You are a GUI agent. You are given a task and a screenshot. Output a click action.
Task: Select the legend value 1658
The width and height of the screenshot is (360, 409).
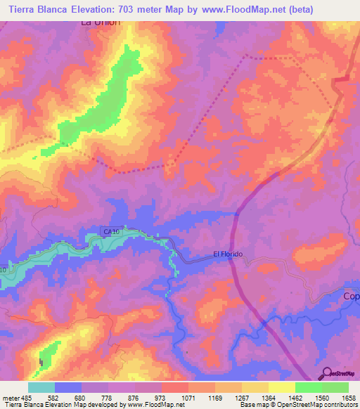click(x=349, y=397)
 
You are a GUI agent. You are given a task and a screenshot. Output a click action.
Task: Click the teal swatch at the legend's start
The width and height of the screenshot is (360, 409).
click(x=41, y=387)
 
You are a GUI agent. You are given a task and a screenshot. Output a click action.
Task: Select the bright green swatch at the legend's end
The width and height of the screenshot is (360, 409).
click(x=335, y=387)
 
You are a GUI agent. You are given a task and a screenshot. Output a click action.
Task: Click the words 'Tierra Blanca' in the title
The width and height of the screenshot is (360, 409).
click(x=34, y=9)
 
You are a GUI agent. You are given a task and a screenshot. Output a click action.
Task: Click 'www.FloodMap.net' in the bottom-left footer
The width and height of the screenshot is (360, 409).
click(x=153, y=405)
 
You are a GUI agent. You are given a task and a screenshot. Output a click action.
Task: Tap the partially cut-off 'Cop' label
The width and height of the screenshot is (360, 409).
click(x=350, y=296)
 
